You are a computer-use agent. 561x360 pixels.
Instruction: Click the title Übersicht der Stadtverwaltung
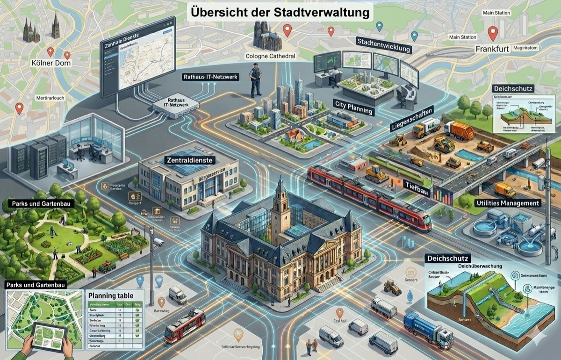click(280, 11)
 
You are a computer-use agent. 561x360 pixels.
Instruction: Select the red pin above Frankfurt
click(492, 32)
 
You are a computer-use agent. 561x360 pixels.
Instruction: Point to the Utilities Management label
click(507, 203)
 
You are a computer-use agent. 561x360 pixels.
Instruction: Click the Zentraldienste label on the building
click(190, 160)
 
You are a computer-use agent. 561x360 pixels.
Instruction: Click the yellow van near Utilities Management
click(504, 190)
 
